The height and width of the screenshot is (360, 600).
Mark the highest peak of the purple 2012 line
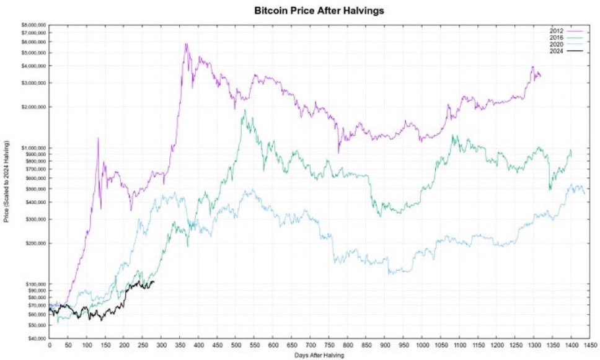pos(186,44)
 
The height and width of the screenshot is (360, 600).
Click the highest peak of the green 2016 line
pos(244,110)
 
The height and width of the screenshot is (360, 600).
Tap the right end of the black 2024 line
pos(154,282)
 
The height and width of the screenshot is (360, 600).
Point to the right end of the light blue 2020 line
pos(585,193)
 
